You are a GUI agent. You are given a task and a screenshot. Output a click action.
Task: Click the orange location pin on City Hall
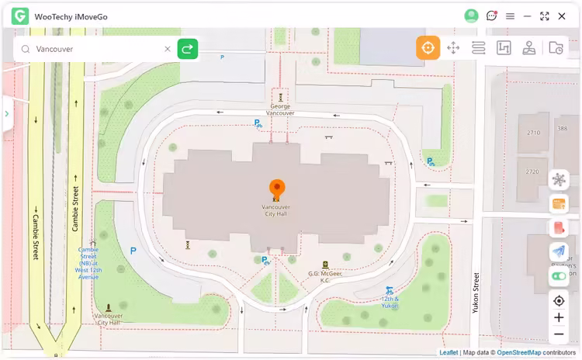pos(277,189)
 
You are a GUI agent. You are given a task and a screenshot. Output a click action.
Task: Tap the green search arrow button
pos(187,49)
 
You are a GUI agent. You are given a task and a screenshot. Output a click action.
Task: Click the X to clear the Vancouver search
pos(167,49)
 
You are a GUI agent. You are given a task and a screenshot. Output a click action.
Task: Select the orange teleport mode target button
pos(428,47)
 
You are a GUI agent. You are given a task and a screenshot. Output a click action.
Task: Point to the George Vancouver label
pos(280,109)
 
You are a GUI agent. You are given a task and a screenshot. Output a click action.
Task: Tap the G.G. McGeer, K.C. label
pos(326,276)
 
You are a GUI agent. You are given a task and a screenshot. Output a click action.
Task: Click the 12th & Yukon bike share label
pos(390,301)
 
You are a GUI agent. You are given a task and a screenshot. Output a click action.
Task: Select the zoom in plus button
pos(559,317)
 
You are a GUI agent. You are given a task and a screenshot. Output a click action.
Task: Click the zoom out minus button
pos(559,334)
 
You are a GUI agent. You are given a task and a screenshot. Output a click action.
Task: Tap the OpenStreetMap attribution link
pos(519,353)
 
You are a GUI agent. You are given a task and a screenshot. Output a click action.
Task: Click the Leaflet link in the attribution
pos(449,353)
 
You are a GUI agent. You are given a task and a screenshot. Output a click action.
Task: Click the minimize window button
pos(528,16)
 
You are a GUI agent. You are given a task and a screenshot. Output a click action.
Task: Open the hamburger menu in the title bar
pos(510,16)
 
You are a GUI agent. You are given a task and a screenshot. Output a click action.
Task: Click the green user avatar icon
pos(471,16)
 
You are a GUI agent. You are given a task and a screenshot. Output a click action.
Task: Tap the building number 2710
pos(533,133)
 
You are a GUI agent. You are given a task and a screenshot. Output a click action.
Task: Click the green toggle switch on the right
pos(559,275)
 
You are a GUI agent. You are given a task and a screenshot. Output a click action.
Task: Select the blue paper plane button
pos(559,251)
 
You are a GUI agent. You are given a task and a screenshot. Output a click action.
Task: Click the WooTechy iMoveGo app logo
pos(20,16)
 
